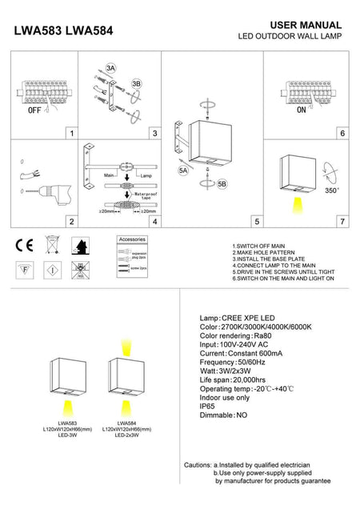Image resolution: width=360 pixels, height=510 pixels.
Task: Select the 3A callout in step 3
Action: point(110,70)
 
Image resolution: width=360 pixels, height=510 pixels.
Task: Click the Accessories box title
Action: point(132,239)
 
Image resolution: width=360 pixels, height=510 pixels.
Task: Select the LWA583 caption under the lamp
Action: point(67,423)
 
